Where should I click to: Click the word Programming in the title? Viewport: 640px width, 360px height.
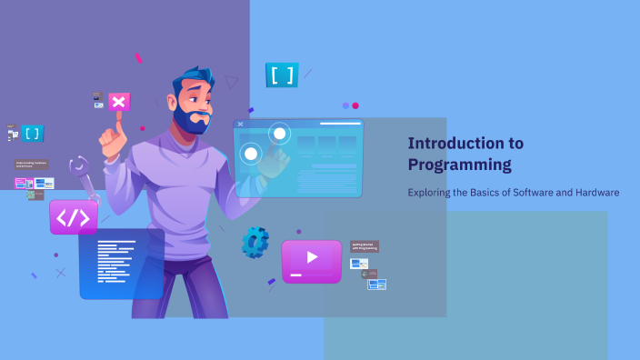pyautogui.click(x=459, y=165)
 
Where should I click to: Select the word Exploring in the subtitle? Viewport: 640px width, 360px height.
pyautogui.click(x=429, y=193)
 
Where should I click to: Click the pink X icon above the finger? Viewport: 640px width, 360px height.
pyautogui.click(x=119, y=101)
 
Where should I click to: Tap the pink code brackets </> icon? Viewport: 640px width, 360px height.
pyautogui.click(x=74, y=218)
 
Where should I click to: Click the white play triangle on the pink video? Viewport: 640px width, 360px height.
pyautogui.click(x=312, y=257)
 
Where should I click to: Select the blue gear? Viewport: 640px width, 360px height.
pyautogui.click(x=255, y=241)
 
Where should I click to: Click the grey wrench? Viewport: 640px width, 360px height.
pyautogui.click(x=84, y=178)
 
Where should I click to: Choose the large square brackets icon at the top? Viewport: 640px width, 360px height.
pyautogui.click(x=282, y=75)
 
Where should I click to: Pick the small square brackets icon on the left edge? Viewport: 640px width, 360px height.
pyautogui.click(x=33, y=134)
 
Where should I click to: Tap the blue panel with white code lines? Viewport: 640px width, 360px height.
pyautogui.click(x=121, y=264)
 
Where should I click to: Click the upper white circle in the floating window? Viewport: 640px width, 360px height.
pyautogui.click(x=279, y=135)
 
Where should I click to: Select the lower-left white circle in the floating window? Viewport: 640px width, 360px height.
pyautogui.click(x=250, y=154)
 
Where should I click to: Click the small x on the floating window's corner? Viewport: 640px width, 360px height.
pyautogui.click(x=240, y=124)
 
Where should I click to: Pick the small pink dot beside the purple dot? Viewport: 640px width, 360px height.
pyautogui.click(x=355, y=105)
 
